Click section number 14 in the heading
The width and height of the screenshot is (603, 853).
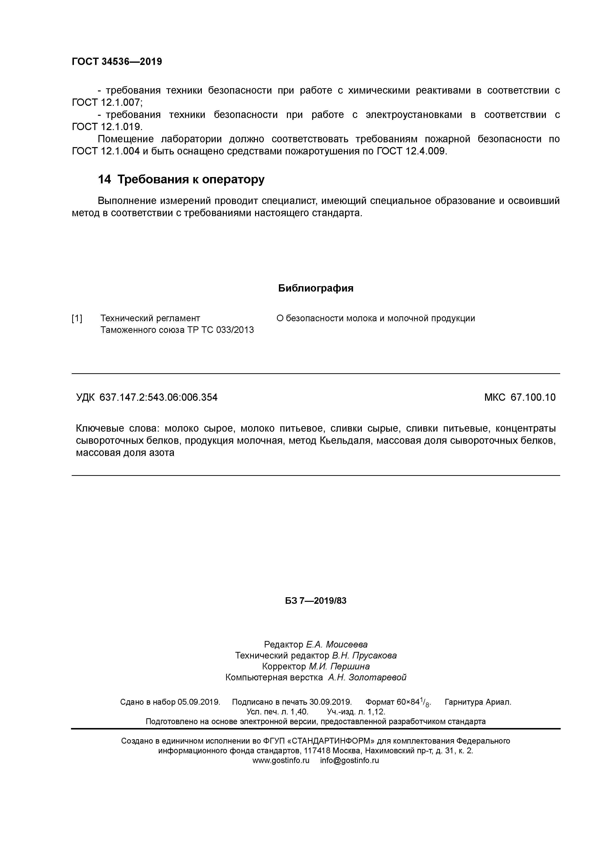104,179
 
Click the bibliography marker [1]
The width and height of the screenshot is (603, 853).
77,318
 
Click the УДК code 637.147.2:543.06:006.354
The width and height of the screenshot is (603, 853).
159,398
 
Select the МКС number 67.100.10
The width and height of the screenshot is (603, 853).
533,398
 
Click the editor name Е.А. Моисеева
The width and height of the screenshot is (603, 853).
337,644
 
